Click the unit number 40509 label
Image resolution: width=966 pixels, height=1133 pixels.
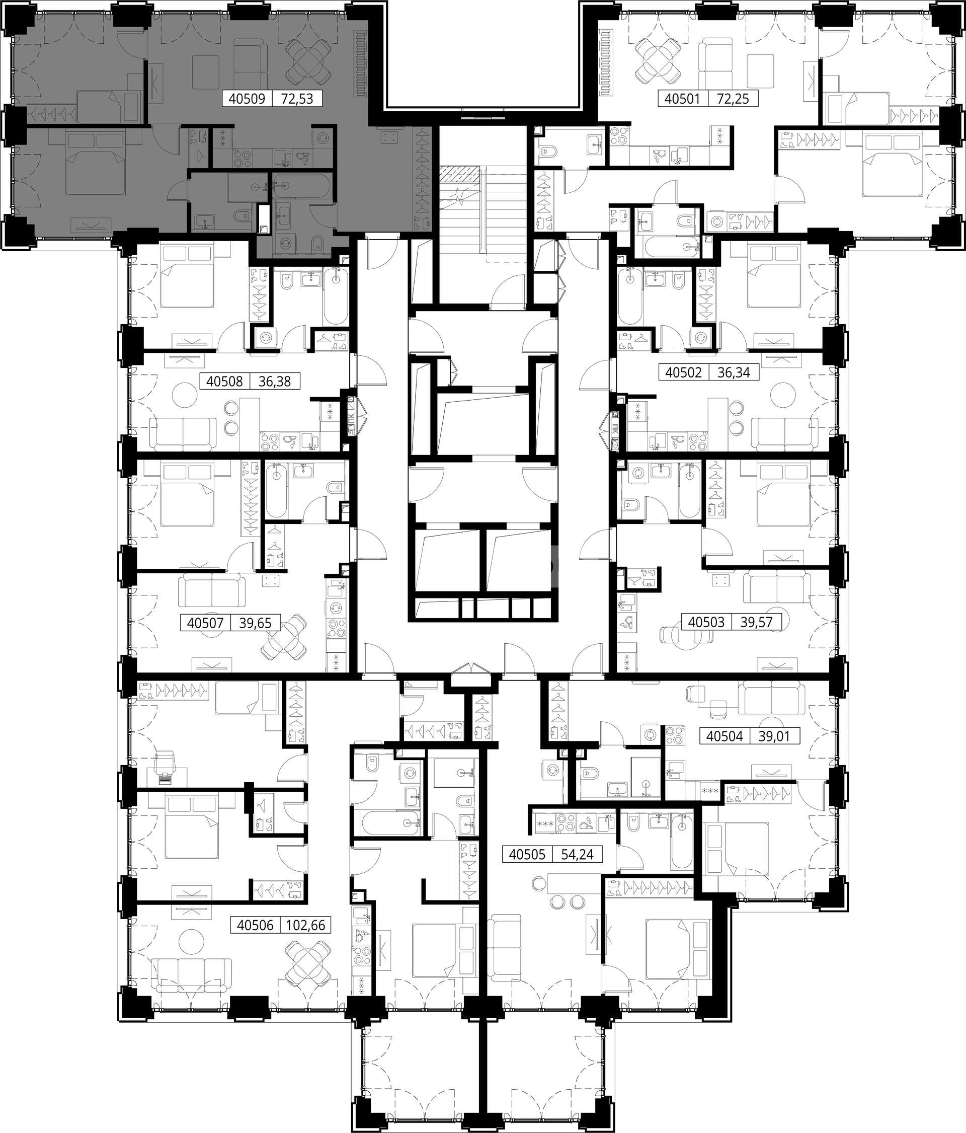coord(247,99)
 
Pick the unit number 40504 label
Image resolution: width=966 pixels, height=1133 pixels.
coord(725,736)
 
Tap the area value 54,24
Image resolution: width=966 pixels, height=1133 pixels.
coord(577,854)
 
